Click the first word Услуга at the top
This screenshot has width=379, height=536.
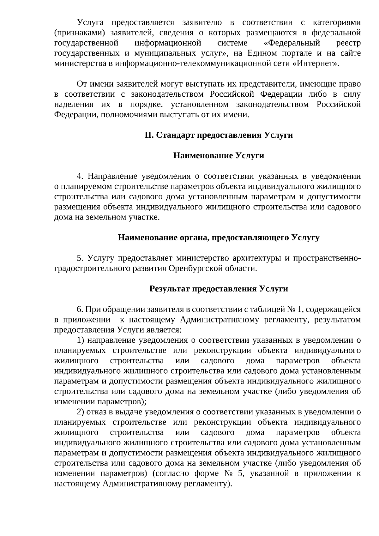(x=89, y=22)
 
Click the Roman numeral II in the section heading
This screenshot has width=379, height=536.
(x=149, y=135)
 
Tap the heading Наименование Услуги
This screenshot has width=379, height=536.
(x=219, y=156)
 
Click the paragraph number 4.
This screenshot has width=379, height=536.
(x=80, y=176)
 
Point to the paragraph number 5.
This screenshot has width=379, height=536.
(x=80, y=258)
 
